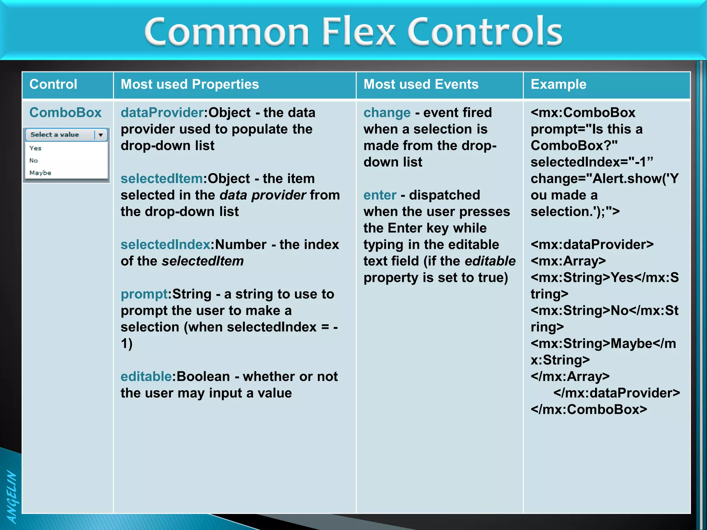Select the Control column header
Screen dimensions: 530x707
[x=53, y=85]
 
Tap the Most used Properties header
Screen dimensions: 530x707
[x=190, y=85]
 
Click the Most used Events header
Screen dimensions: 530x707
[x=421, y=85]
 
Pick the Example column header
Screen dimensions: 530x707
[x=558, y=85]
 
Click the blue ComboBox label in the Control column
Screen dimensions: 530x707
[x=65, y=113]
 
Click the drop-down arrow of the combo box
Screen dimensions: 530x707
[x=100, y=135]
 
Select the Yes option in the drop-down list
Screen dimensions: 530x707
[x=36, y=148]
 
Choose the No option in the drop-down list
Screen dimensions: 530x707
[x=33, y=160]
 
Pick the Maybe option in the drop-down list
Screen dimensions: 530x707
[x=40, y=173]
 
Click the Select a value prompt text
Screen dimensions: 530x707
[x=55, y=135]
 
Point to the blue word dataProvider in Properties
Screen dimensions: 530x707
[x=162, y=113]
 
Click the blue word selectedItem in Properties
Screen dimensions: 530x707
[x=162, y=179]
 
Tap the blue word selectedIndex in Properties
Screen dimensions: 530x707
[x=165, y=245]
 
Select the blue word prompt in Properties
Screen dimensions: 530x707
[x=144, y=294]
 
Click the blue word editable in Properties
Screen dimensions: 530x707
[x=146, y=376]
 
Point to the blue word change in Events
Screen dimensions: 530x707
[x=387, y=113]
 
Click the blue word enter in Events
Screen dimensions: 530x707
[x=380, y=195]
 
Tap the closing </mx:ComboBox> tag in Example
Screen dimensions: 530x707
[x=589, y=410]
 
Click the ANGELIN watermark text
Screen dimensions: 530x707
[x=11, y=497]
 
